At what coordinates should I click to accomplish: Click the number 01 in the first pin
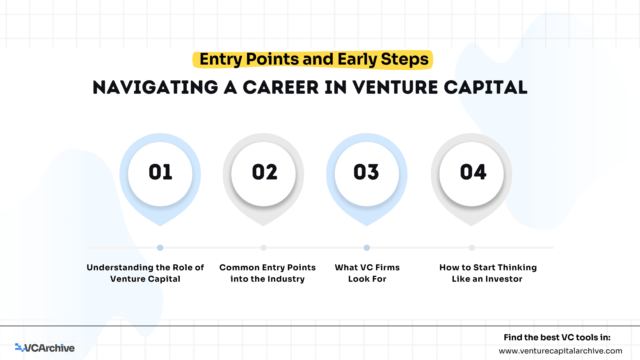[160, 172]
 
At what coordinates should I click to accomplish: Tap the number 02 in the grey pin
[264, 172]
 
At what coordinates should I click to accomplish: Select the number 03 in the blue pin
[366, 172]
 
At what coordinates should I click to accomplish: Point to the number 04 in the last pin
[473, 172]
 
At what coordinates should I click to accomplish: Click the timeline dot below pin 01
[160, 248]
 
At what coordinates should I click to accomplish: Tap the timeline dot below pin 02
[263, 248]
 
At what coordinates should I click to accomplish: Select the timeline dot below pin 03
[367, 248]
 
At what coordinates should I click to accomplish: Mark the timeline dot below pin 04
[472, 248]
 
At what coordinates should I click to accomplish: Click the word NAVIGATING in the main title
[156, 87]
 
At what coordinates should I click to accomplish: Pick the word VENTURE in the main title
[395, 87]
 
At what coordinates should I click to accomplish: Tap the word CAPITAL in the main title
[485, 87]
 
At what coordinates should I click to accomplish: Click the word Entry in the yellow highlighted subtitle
[221, 60]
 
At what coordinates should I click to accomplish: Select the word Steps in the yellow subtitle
[405, 60]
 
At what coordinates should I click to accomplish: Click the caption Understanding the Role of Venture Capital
[145, 273]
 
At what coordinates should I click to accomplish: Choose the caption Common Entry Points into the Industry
[267, 273]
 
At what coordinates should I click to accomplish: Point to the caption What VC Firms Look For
[367, 273]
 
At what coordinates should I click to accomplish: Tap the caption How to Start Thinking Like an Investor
[488, 273]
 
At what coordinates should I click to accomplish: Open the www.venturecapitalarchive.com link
[560, 351]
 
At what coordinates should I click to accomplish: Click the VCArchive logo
[45, 348]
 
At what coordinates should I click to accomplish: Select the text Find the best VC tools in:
[557, 337]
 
